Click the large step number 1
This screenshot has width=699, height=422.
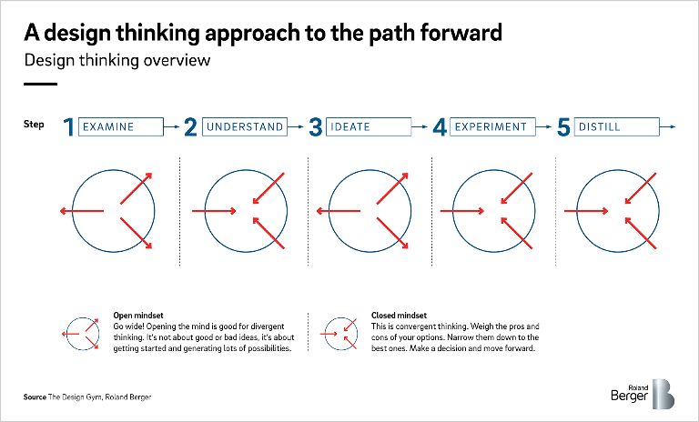tap(68, 127)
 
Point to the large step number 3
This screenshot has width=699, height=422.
tap(316, 127)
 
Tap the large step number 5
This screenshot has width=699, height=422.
tap(563, 127)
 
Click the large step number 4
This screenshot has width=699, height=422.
tap(440, 127)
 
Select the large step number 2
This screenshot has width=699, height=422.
tap(190, 127)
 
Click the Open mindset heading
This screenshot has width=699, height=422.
tap(138, 316)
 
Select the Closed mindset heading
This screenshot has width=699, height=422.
tap(399, 316)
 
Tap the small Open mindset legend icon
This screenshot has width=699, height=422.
tap(81, 334)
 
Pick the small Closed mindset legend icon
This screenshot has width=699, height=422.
tap(339, 334)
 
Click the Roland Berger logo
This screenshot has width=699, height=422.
tap(643, 394)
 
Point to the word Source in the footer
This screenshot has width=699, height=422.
tap(35, 397)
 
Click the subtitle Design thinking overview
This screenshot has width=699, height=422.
tap(117, 60)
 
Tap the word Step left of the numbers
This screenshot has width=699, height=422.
tap(34, 125)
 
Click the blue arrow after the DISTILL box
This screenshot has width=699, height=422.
tap(667, 127)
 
